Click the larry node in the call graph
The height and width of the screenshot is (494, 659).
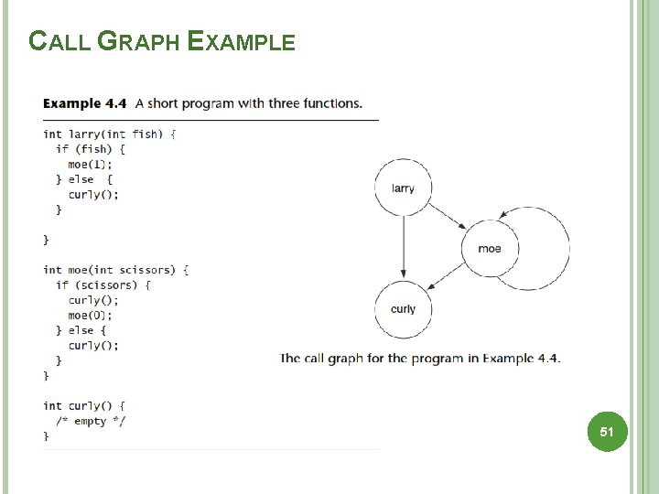403,188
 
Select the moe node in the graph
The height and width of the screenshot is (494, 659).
490,248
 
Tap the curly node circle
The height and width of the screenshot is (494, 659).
403,309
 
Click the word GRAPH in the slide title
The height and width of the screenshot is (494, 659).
139,42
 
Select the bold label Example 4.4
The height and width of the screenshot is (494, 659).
85,103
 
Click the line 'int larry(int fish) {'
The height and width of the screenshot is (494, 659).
109,134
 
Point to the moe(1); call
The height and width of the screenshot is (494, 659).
90,164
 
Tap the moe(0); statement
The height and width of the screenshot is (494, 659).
90,316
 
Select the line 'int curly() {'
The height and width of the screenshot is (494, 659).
84,405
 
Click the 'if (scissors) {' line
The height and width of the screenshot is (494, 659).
103,285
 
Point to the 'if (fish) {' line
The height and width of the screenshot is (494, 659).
90,149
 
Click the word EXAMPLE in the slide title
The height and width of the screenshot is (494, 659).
241,42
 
